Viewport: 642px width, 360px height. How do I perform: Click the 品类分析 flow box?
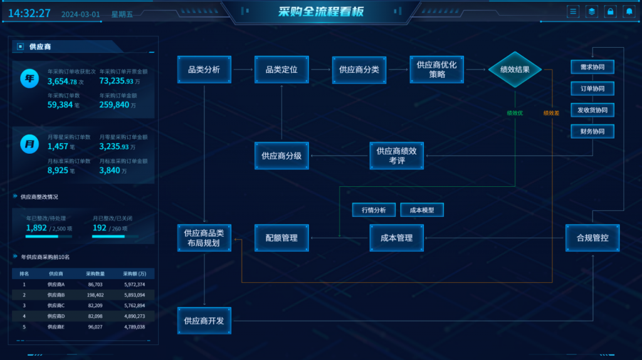tap(204, 70)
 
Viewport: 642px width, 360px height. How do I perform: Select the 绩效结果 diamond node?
tap(515, 70)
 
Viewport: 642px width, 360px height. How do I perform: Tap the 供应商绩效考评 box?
tap(397, 156)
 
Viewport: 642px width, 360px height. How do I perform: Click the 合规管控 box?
tap(592, 238)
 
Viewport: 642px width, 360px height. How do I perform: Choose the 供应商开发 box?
tap(204, 320)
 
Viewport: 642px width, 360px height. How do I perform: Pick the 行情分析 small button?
tap(374, 209)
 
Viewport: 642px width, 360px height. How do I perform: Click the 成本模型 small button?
tap(422, 209)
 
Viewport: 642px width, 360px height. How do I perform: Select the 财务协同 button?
tap(592, 131)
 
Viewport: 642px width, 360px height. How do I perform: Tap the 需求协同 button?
tap(592, 67)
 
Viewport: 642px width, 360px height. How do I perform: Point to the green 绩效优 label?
tap(515, 113)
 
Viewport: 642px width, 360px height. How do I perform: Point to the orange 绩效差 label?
tap(551, 113)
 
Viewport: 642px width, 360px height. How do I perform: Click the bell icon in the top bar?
tap(629, 11)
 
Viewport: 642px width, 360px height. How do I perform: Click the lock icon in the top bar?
tap(610, 11)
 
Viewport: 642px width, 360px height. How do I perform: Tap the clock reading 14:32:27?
tap(29, 13)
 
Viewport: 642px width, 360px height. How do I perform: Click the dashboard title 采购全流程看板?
tap(321, 12)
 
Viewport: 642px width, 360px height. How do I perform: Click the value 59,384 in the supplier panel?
tap(60, 105)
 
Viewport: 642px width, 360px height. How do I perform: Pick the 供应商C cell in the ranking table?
tap(56, 305)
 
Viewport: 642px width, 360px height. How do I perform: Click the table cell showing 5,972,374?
tap(134, 284)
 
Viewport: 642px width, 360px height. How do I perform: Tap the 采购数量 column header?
tap(95, 273)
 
